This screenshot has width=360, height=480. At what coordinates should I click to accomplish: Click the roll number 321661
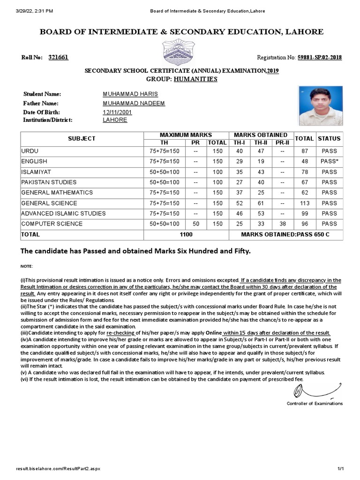59,57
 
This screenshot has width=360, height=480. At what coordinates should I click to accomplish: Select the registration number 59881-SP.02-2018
319,58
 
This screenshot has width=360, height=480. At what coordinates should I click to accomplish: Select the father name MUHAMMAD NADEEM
134,103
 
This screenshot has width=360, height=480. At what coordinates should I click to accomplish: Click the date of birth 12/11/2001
117,112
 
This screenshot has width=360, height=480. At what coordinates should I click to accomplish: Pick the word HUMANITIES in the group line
195,79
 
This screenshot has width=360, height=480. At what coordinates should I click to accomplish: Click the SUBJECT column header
82,138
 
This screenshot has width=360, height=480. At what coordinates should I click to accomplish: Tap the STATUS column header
329,138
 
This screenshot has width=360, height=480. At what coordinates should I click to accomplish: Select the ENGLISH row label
34,161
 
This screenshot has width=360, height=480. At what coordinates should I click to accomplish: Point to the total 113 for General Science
305,203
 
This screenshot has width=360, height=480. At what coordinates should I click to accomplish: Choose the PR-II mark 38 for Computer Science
282,224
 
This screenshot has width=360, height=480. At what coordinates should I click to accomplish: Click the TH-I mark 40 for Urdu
240,151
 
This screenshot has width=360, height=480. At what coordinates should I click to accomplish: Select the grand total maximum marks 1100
186,234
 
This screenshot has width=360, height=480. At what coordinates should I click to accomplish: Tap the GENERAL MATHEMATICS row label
57,193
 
